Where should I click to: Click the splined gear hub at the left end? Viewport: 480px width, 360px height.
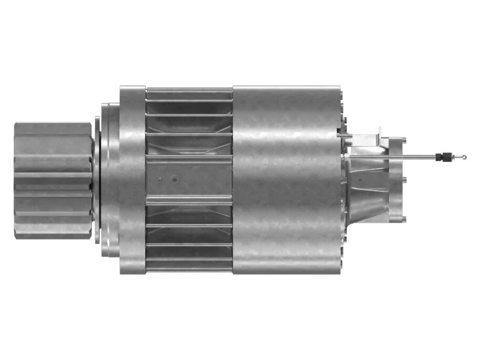(x=53, y=181)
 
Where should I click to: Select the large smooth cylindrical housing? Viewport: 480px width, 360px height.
(x=285, y=180)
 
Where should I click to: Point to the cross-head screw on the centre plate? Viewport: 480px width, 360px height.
(x=174, y=178)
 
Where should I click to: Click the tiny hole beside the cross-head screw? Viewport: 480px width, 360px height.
(x=160, y=178)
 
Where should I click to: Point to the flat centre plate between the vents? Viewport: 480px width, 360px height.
(x=189, y=179)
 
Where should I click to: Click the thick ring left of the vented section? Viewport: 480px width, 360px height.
(x=132, y=180)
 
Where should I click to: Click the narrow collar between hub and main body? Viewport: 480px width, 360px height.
(x=106, y=180)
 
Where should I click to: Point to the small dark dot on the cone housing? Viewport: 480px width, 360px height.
(x=359, y=178)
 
